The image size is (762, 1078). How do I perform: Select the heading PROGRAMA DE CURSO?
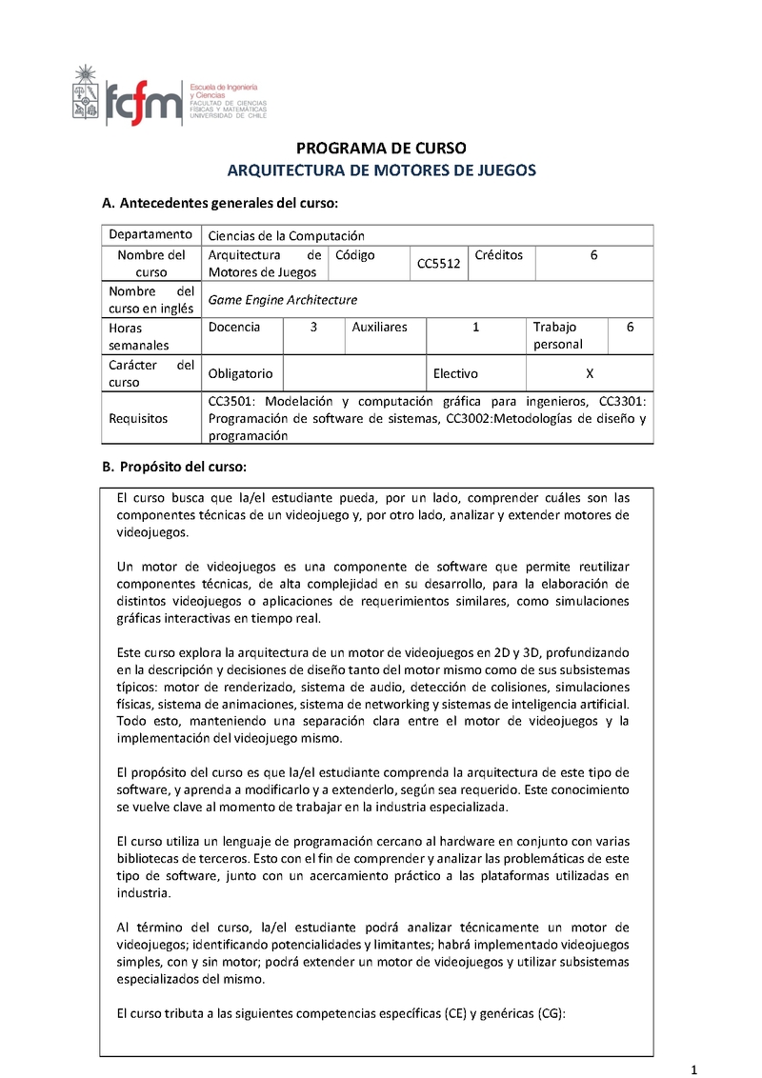click(x=381, y=149)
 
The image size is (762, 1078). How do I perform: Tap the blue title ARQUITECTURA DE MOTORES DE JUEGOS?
click(x=381, y=170)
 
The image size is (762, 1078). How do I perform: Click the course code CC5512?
click(x=438, y=264)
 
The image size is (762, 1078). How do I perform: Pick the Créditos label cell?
click(x=498, y=255)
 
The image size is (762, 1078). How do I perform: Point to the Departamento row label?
click(x=150, y=235)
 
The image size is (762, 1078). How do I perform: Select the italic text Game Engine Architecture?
click(x=283, y=299)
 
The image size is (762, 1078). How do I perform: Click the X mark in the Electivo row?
click(x=589, y=373)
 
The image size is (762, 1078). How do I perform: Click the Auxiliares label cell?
click(x=379, y=327)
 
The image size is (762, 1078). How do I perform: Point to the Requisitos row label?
click(x=138, y=418)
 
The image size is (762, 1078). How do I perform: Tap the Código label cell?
click(x=355, y=255)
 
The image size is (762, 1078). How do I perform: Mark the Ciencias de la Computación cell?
click(x=287, y=235)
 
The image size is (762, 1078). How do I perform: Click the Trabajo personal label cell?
click(x=556, y=335)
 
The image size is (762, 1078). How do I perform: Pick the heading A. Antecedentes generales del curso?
click(x=220, y=204)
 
